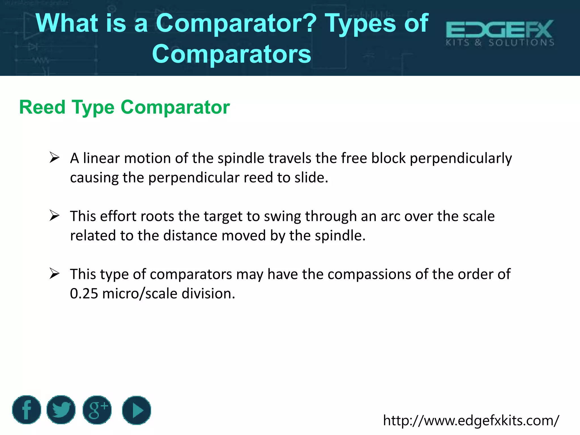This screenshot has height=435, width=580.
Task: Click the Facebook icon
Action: (x=27, y=410)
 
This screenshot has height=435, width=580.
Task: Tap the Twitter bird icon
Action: (x=61, y=410)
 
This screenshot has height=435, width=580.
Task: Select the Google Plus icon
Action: (x=97, y=410)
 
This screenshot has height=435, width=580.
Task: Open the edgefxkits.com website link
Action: (x=471, y=420)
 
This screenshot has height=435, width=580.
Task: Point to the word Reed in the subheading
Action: (x=42, y=107)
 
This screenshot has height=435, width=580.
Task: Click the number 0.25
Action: (x=84, y=293)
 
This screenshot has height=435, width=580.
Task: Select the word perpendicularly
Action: (x=461, y=158)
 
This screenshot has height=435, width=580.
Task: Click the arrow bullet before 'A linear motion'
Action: (x=54, y=157)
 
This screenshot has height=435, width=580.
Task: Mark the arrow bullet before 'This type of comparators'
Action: (x=54, y=274)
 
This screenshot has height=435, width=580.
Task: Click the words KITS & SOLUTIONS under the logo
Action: (x=500, y=43)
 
